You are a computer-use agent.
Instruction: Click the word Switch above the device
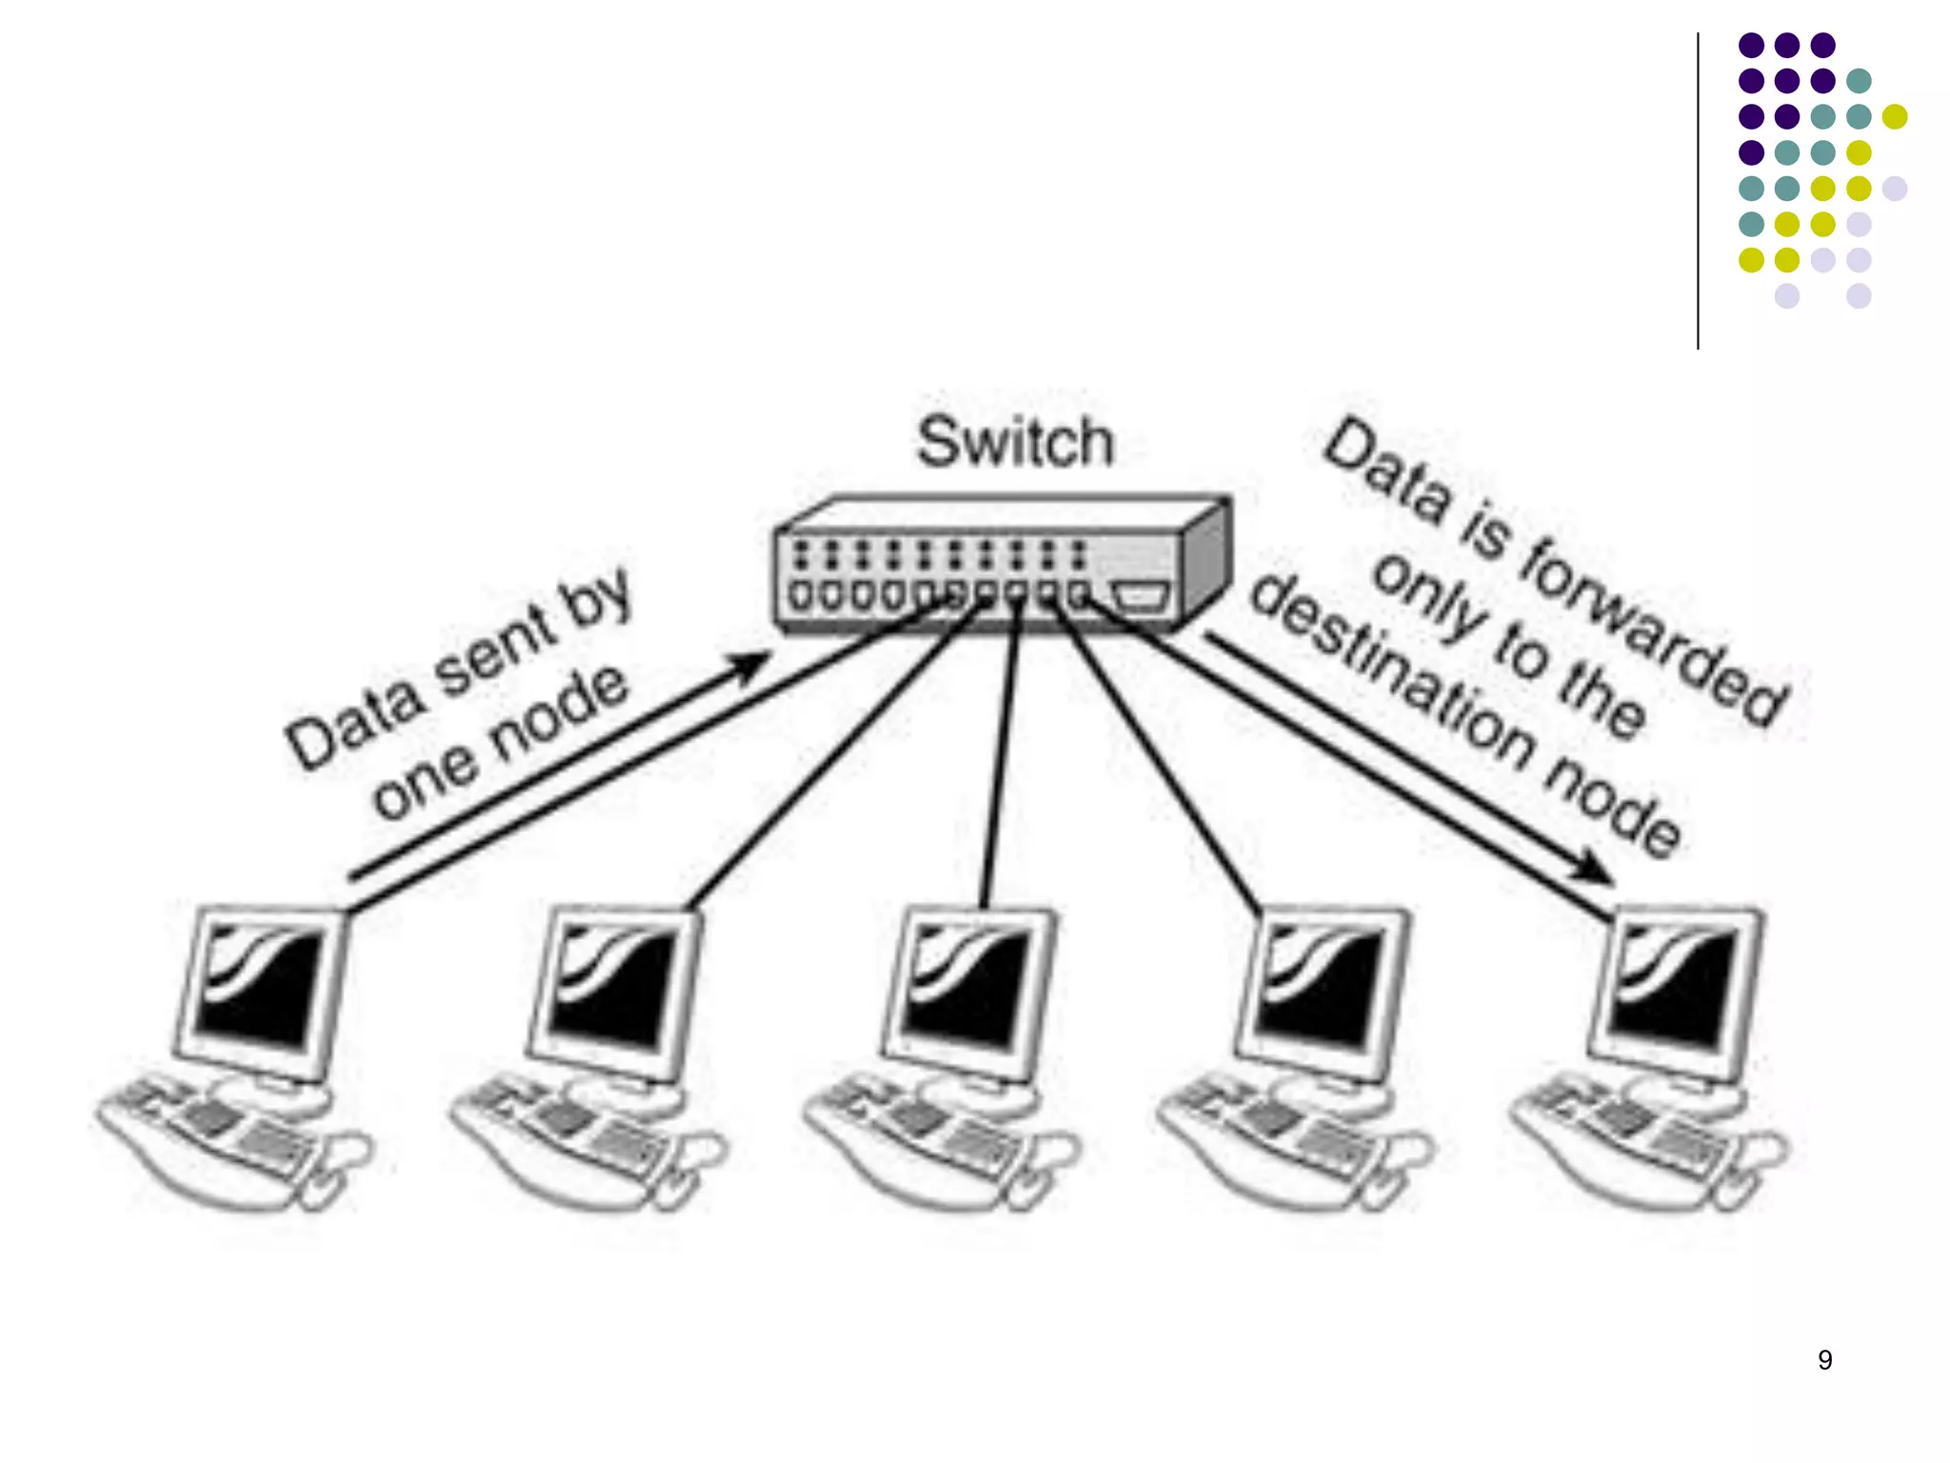click(1015, 442)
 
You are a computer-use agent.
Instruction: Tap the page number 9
click(1824, 1359)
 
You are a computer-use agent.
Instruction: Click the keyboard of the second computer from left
click(571, 1133)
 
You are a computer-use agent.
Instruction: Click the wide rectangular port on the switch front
click(1140, 596)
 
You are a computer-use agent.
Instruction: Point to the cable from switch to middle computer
click(1000, 752)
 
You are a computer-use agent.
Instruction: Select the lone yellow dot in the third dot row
click(1895, 116)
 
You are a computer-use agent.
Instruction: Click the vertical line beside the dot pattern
click(1698, 190)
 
